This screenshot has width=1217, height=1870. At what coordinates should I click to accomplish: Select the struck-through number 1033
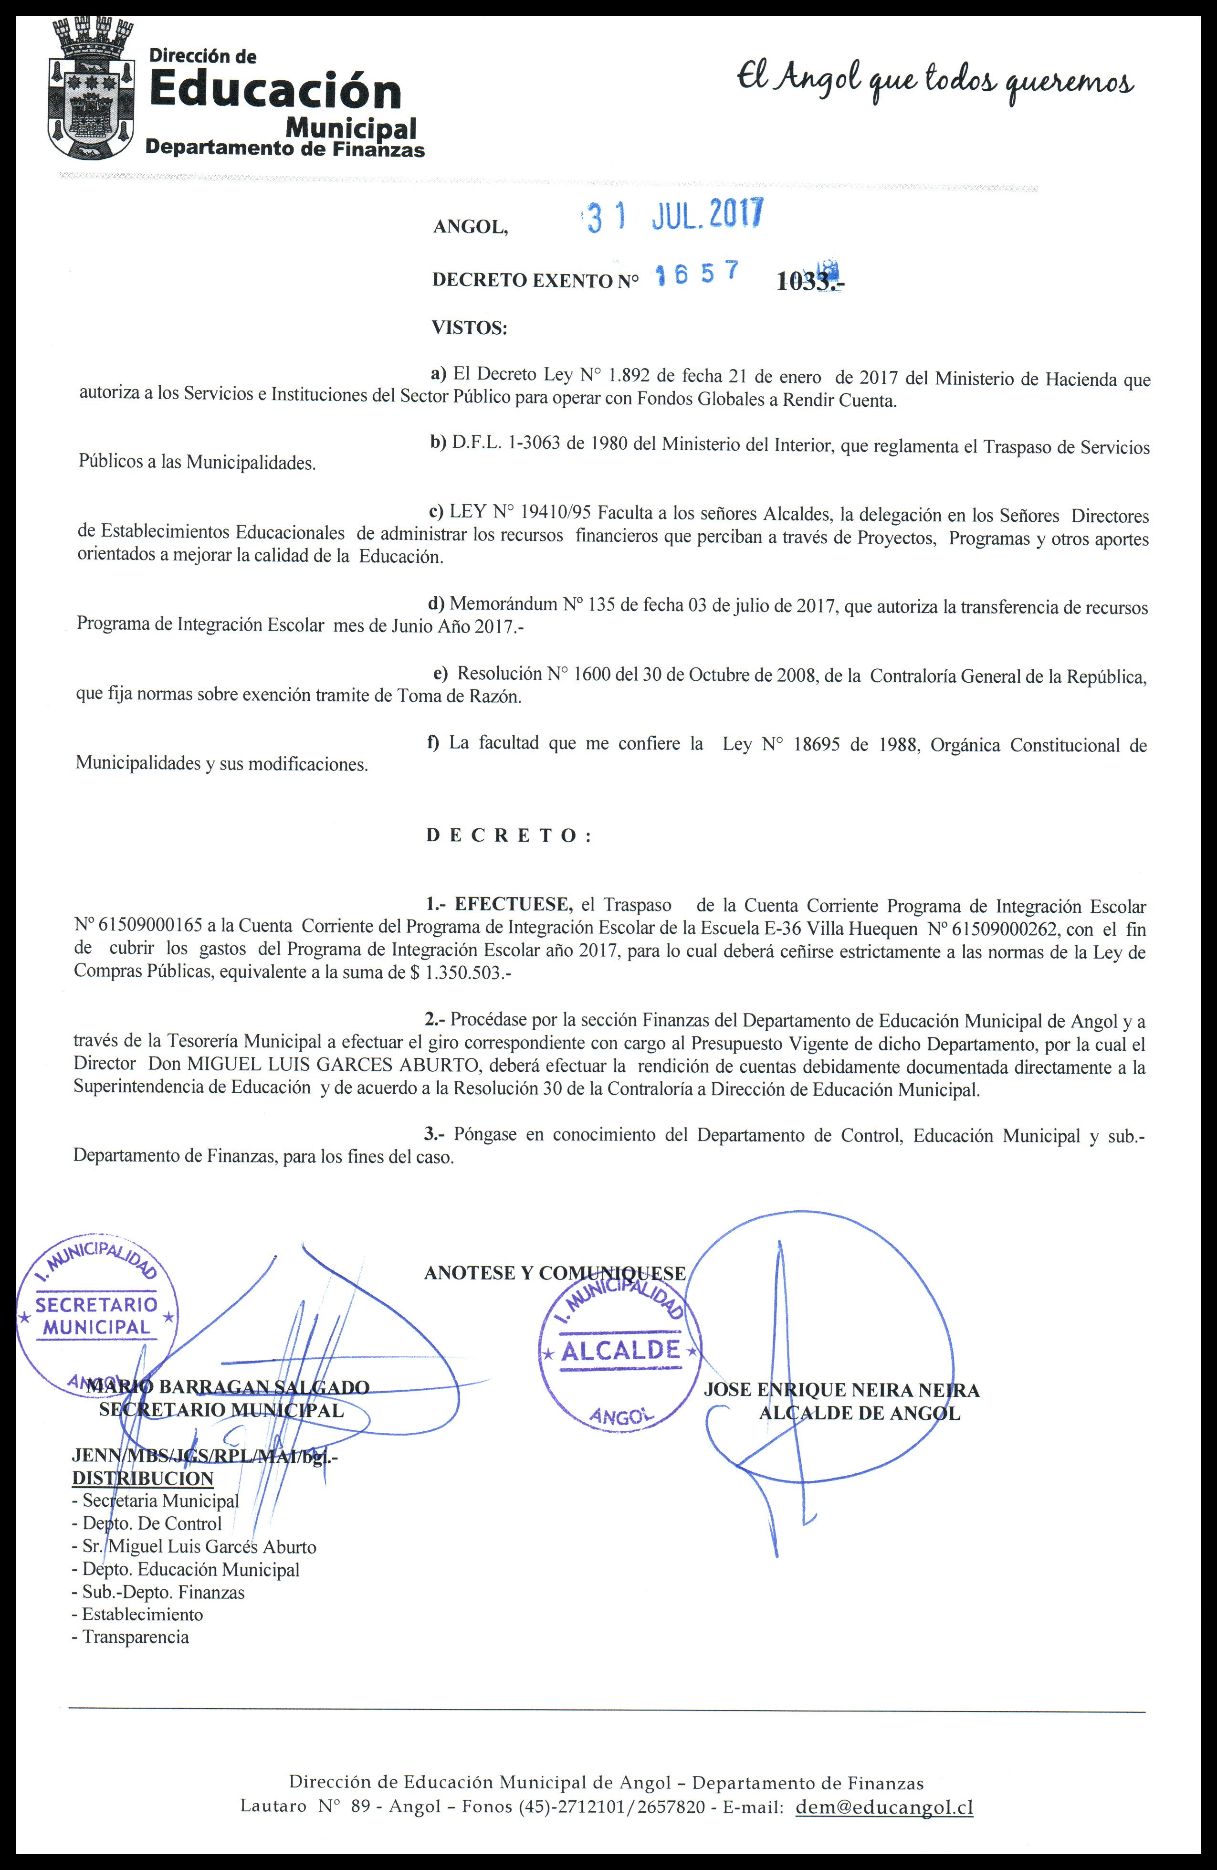(x=805, y=281)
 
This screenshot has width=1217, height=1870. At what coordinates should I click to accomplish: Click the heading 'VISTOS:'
(x=470, y=328)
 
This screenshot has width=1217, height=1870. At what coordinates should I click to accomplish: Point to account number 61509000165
(x=138, y=929)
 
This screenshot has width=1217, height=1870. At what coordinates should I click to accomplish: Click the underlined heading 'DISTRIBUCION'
(x=143, y=1479)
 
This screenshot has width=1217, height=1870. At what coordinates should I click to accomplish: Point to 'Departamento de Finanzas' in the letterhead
(x=284, y=149)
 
